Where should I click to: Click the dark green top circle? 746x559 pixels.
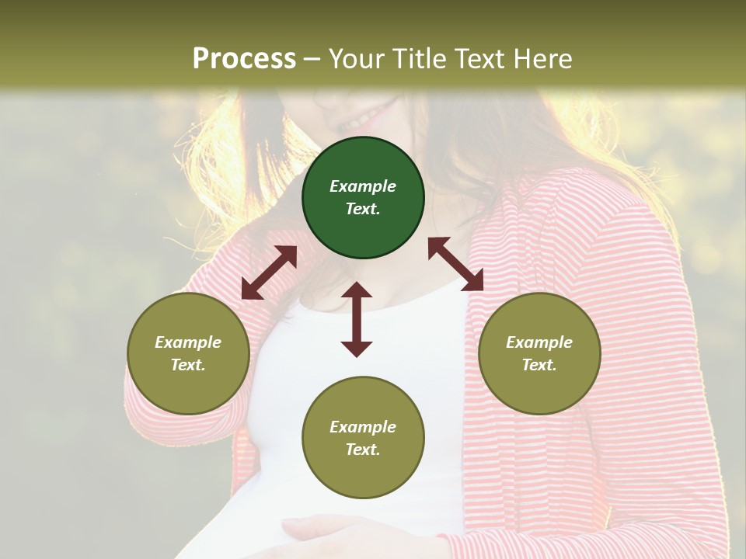[x=363, y=198]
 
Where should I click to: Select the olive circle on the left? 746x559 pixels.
[x=188, y=353]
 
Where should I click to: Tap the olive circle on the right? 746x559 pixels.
[x=539, y=353]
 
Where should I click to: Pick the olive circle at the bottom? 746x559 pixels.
[x=363, y=438]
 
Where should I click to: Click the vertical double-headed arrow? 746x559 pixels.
[x=357, y=319]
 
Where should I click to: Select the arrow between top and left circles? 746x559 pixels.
[x=269, y=273]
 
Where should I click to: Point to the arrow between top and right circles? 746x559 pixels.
[x=455, y=264]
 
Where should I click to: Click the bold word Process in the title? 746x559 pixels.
[x=244, y=58]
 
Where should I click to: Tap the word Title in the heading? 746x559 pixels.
[x=417, y=58]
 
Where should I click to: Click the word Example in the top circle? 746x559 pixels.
[x=363, y=186]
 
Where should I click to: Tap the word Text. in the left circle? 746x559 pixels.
[x=188, y=365]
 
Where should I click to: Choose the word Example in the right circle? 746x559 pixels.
[x=539, y=342]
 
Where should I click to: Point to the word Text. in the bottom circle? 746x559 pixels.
[x=363, y=450]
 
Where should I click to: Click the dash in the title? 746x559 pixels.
[x=312, y=59]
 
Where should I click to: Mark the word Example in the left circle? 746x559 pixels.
[x=188, y=342]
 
